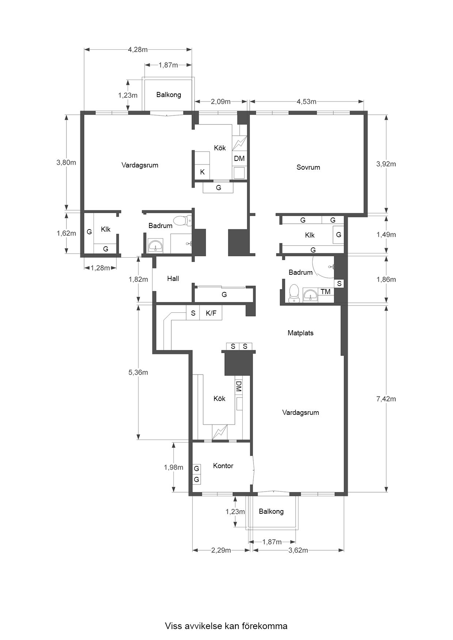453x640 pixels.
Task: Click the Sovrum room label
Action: [308, 167]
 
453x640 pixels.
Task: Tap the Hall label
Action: [173, 279]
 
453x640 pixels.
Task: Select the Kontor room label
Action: [223, 466]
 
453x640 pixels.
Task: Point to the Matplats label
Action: [300, 333]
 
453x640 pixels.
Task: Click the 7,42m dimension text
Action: [386, 399]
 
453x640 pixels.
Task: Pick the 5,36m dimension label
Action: [138, 373]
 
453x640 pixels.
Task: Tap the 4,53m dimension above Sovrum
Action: [307, 101]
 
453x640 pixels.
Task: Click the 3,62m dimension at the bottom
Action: [298, 550]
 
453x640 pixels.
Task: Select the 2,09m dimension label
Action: [221, 101]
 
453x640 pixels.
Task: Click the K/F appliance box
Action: [211, 313]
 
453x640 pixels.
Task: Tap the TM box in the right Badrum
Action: [326, 292]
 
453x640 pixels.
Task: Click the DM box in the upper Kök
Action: [239, 158]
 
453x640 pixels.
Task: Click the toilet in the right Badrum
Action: [294, 294]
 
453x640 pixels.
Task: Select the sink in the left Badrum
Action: [157, 246]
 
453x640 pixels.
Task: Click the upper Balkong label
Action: [169, 95]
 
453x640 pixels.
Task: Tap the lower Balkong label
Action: [271, 512]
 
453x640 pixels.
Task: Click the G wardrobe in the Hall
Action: [224, 294]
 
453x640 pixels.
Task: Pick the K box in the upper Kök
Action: [202, 172]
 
